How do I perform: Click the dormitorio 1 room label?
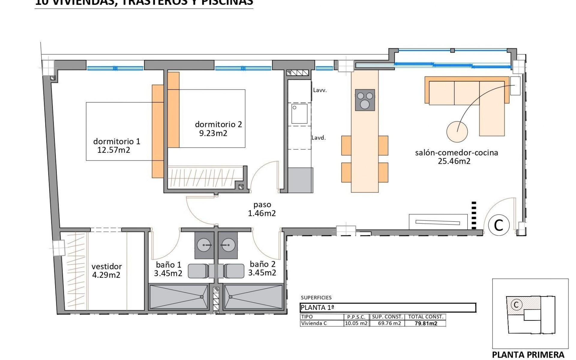117,141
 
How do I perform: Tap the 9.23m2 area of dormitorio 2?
213,133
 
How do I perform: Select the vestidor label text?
106,266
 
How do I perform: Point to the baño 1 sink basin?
204,245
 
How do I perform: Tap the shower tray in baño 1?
179,297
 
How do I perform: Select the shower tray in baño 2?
253,297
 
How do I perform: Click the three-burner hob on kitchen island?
365,100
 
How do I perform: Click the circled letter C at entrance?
499,225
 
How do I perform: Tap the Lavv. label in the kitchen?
320,90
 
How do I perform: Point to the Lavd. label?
319,138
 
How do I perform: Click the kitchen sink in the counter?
299,113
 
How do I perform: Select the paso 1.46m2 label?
262,209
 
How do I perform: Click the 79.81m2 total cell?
425,323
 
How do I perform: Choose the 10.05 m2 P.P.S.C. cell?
356,323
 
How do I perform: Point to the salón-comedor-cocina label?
456,153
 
